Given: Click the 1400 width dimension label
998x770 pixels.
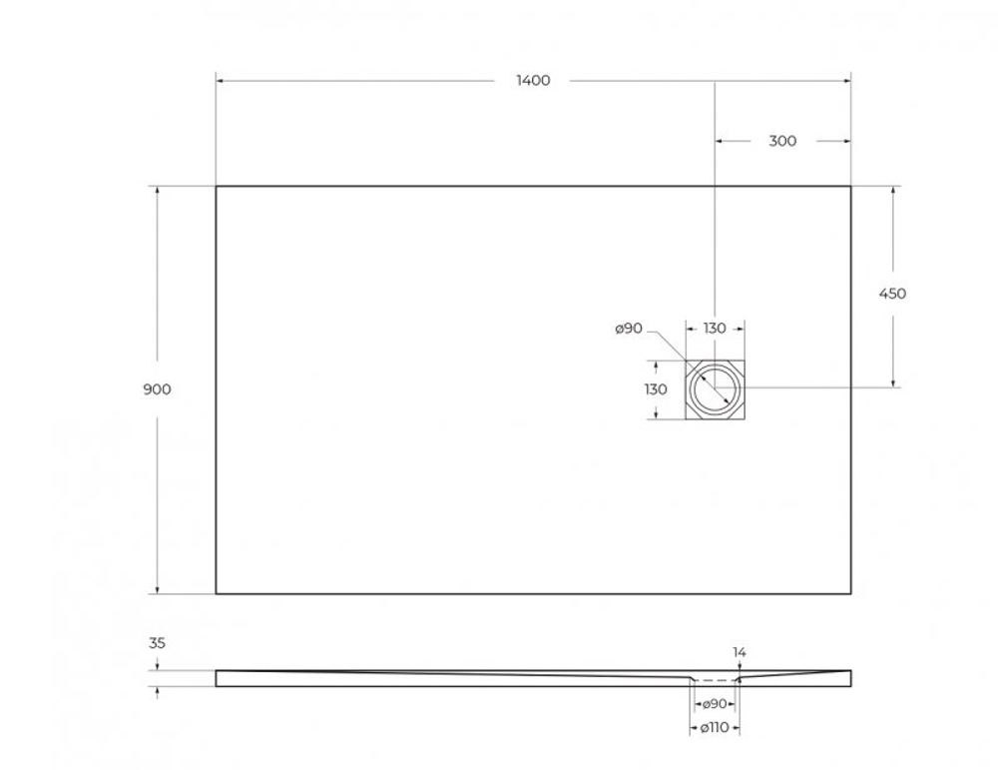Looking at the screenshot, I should (x=533, y=81).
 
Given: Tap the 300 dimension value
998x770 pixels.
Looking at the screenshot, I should (x=782, y=141).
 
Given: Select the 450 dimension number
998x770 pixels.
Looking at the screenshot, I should (x=892, y=294).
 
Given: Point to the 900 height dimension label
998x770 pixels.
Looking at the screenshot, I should (x=157, y=389).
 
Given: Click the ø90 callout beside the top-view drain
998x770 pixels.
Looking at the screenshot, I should (x=629, y=329).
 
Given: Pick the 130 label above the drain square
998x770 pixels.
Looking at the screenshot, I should (x=715, y=329).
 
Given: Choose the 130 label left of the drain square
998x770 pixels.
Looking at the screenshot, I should (x=655, y=389).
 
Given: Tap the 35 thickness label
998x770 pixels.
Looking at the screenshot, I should (x=157, y=644).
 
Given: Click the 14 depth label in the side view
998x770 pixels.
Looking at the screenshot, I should (x=740, y=652).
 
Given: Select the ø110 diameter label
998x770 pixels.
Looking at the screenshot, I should (x=715, y=729).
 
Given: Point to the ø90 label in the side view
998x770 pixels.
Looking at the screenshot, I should (x=715, y=705).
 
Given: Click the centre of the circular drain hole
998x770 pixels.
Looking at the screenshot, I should (x=716, y=387).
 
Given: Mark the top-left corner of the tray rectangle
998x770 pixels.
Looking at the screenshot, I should (x=217, y=187).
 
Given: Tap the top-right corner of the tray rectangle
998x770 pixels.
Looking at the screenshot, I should (x=850, y=187).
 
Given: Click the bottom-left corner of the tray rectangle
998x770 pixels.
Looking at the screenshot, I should (x=217, y=593).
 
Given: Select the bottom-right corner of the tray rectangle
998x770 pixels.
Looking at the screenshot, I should (x=850, y=593).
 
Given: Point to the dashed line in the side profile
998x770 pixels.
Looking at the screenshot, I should (x=715, y=677).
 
